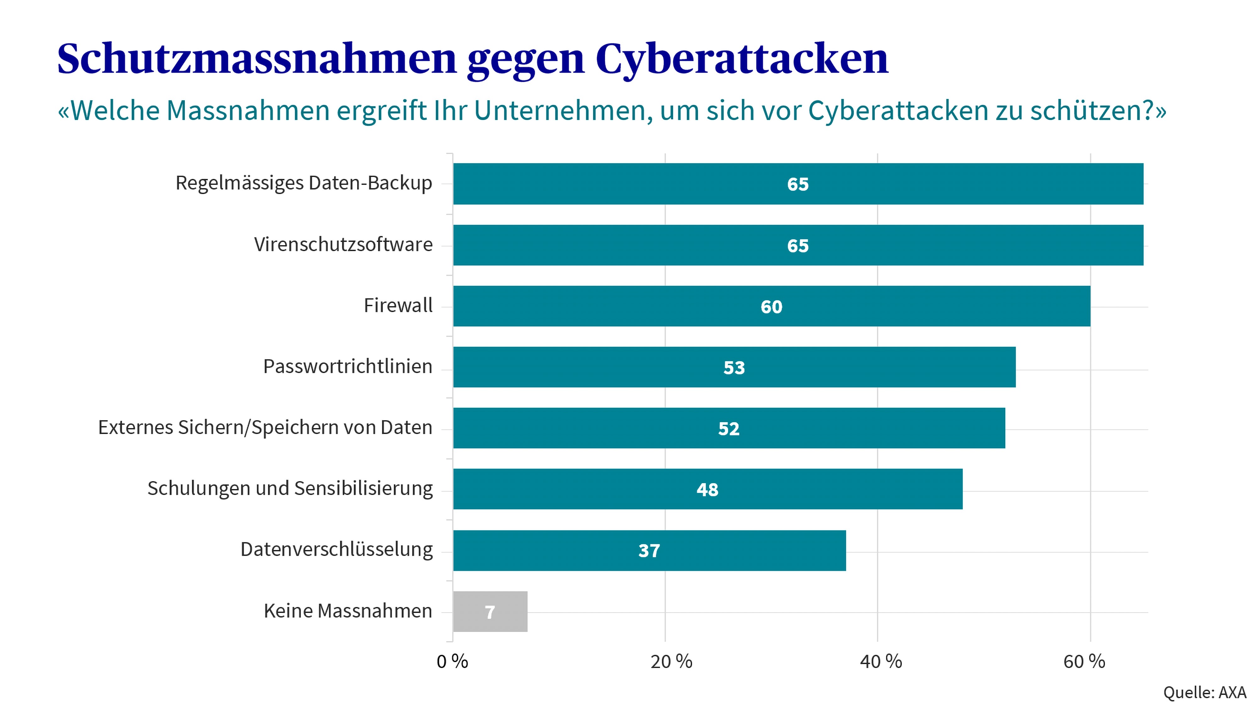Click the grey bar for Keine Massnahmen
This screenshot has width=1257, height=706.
coord(490,611)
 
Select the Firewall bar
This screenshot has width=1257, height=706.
coord(771,306)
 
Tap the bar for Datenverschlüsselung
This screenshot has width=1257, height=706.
coord(649,550)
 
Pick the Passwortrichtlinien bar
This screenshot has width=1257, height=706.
coord(734,367)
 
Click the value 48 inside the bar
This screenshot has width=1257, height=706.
coord(707,489)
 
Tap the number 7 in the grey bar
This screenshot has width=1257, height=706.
coord(490,612)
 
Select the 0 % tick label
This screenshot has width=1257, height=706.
coord(452,662)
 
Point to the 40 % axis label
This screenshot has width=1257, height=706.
coord(881,662)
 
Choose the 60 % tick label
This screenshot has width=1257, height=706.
coord(1084,662)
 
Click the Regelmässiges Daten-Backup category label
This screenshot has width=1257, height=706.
coord(304,183)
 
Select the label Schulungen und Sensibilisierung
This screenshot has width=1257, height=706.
coord(290,488)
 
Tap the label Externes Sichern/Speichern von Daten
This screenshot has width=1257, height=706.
coord(265,427)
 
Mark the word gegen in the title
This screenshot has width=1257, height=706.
coord(525,61)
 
